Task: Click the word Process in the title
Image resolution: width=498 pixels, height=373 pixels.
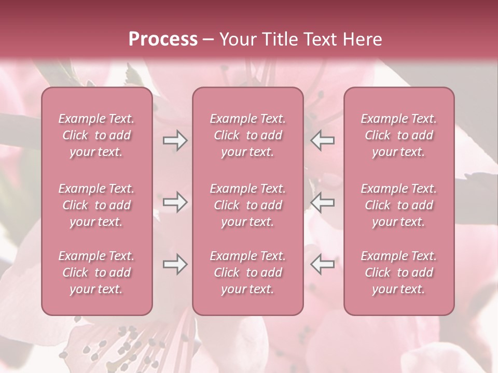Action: pos(163,39)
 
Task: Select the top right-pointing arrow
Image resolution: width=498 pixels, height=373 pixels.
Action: pos(175,140)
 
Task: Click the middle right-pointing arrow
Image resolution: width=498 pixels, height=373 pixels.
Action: pos(175,203)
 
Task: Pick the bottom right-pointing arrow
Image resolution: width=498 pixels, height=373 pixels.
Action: pos(175,265)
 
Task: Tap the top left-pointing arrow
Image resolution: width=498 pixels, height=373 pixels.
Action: pos(322,140)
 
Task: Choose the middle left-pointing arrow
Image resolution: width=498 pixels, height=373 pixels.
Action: pos(322,203)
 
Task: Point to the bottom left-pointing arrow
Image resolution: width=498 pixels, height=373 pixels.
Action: pos(322,265)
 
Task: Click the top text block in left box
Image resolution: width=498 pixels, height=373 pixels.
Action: pos(96,135)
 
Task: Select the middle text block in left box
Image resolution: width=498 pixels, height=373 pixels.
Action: pos(96,205)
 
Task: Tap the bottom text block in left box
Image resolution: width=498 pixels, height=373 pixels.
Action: pos(96,272)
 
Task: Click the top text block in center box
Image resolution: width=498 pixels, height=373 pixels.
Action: pos(248,135)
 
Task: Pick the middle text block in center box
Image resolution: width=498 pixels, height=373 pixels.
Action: pos(248,205)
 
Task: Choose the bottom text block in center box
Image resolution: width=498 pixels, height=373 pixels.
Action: pos(248,272)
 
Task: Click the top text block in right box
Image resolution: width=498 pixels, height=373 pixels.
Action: pos(399,135)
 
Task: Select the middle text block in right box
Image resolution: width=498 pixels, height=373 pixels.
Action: pos(399,205)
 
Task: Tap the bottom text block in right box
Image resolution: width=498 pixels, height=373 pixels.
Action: pos(399,272)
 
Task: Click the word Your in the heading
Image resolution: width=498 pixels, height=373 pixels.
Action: pos(236,39)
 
